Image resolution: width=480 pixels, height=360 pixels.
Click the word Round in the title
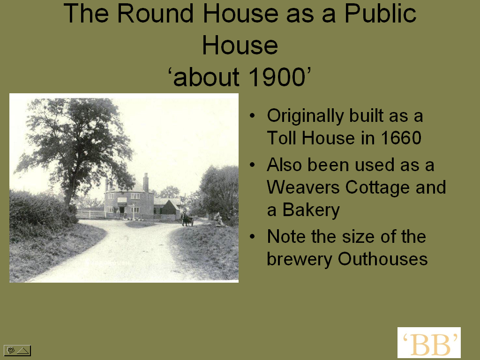tap(155, 14)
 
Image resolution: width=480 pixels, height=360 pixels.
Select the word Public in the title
tap(380, 14)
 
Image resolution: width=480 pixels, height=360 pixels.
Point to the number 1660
tap(401, 138)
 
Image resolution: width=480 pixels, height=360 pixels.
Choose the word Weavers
tap(303, 187)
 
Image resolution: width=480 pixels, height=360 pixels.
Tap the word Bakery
tap(311, 210)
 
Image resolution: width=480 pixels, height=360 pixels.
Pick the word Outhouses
tap(382, 259)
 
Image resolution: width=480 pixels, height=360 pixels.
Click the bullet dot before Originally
tap(252, 116)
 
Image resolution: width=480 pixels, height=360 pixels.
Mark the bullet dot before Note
tap(252, 237)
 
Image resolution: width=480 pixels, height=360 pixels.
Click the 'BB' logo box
tap(429, 342)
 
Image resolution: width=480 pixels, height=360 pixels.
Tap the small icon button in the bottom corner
tap(17, 350)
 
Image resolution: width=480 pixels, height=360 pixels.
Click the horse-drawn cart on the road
tap(187, 220)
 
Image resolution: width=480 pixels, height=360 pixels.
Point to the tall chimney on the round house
tap(146, 182)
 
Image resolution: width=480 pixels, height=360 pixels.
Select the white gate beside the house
tap(90, 214)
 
